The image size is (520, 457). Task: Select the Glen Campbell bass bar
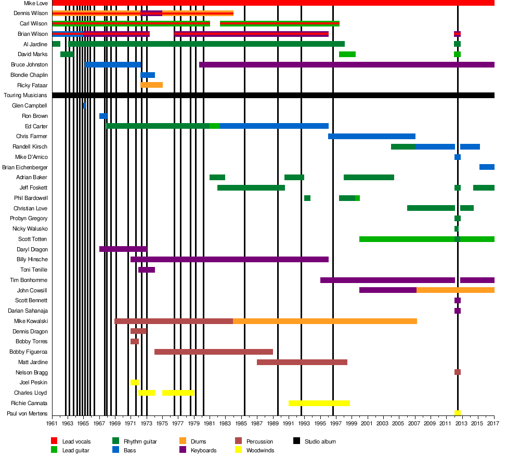84,106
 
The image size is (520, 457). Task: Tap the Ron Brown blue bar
103,116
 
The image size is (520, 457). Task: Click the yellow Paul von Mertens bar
458,413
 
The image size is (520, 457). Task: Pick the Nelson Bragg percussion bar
458,372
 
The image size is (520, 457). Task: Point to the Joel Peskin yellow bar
135,383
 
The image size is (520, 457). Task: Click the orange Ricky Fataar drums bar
151,85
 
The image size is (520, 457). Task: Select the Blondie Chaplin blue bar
148,75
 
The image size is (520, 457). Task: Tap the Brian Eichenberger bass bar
487,167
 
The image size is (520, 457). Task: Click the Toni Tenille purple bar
147,270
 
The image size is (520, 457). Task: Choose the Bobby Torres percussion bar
135,342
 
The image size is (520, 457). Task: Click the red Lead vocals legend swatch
54,441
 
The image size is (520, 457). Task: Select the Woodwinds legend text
260,450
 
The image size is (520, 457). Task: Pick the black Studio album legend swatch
297,441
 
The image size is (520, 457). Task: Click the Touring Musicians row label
25,96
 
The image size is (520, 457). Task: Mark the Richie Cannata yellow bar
319,403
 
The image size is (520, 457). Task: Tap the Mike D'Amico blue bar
458,157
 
